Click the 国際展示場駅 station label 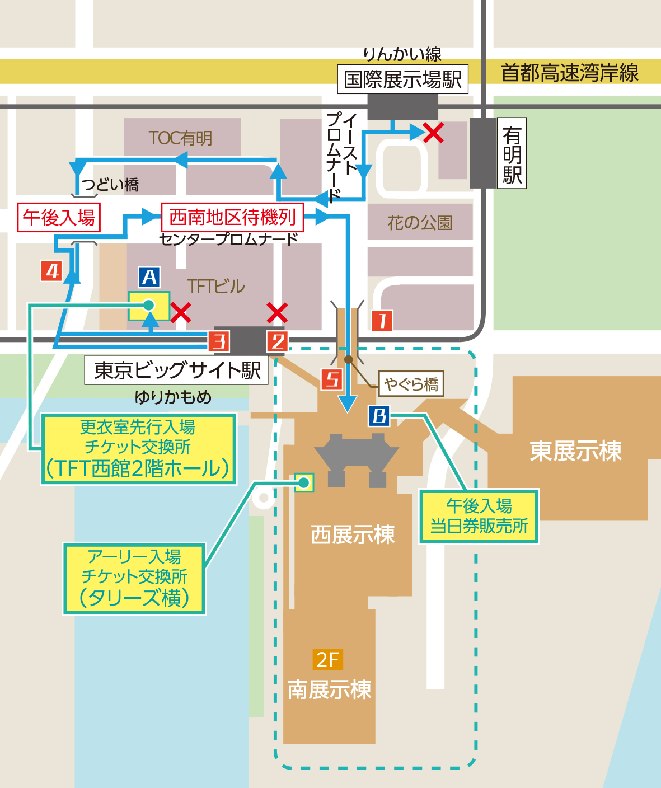click(x=402, y=79)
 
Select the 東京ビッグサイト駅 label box click(x=177, y=370)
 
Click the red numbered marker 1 click(x=382, y=321)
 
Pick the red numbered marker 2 click(x=277, y=341)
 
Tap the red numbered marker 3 click(x=219, y=341)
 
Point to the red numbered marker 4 click(x=52, y=271)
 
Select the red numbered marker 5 click(x=332, y=379)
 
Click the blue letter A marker click(x=149, y=278)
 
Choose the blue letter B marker click(x=379, y=416)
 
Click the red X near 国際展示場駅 click(x=433, y=133)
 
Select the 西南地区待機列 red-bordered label click(x=232, y=217)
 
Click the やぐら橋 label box click(x=411, y=384)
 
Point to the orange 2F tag click(x=327, y=660)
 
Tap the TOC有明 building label click(x=181, y=138)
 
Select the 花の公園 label click(x=420, y=223)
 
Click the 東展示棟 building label click(x=575, y=451)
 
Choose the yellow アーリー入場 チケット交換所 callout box click(x=134, y=578)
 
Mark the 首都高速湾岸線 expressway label click(x=570, y=73)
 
